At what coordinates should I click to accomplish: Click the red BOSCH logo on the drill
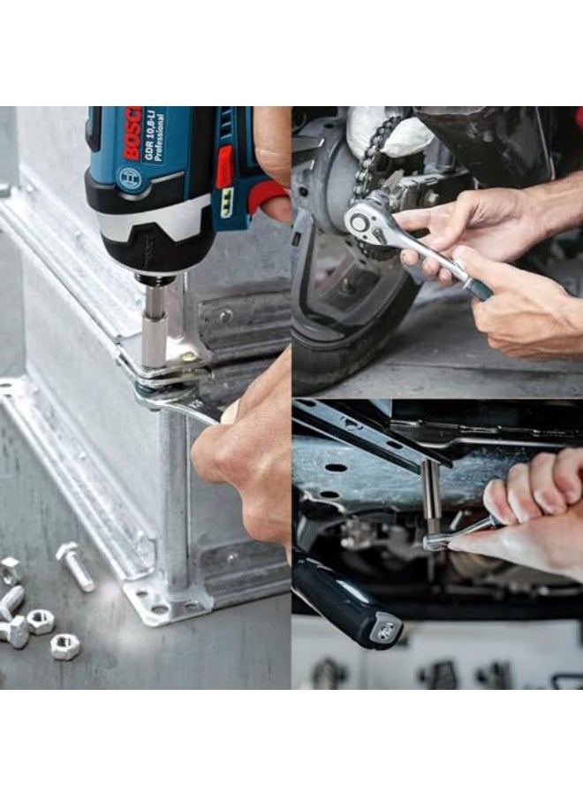(132, 134)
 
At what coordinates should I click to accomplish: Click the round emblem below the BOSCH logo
(129, 178)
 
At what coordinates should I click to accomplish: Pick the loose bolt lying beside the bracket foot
(75, 566)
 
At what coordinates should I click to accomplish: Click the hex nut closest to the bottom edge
(64, 647)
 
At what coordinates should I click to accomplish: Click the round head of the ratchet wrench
(361, 219)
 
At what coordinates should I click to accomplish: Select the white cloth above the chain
(389, 133)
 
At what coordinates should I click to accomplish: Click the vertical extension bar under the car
(431, 495)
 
